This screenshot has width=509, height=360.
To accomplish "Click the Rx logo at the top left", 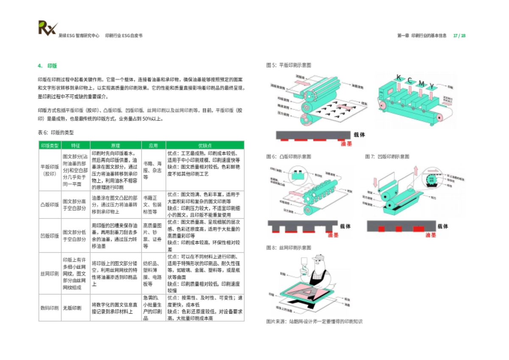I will tap(47, 28).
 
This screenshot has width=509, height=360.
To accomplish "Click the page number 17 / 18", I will tap(459, 36).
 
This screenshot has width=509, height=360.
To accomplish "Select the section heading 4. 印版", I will tap(48, 66).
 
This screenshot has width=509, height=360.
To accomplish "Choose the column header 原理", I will tap(115, 145).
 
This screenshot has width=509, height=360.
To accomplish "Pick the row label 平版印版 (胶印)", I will tap(50, 170).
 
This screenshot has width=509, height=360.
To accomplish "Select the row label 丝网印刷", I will tap(50, 273).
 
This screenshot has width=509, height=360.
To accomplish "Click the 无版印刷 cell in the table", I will tap(71, 307).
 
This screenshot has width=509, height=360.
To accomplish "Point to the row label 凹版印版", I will tap(50, 236).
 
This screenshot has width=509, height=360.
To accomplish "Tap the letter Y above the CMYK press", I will tap(431, 86).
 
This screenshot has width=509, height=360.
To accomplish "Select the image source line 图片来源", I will tap(314, 321).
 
